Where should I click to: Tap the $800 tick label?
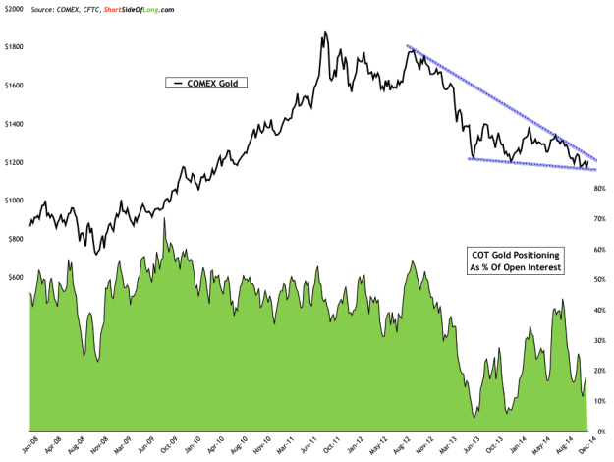point(16,239)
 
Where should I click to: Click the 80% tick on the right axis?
point(596,189)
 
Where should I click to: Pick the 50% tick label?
point(596,280)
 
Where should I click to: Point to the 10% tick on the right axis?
point(596,401)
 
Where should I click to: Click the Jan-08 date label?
point(30,444)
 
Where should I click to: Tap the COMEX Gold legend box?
point(207,84)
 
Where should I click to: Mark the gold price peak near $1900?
point(323,33)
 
